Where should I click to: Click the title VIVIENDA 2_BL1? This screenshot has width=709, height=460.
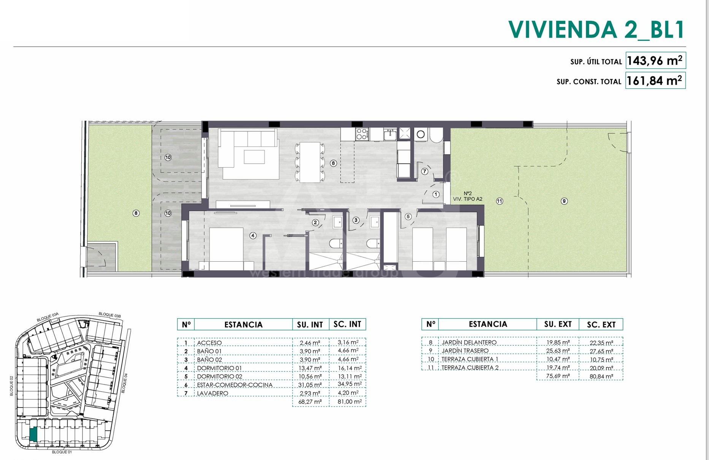point(596,29)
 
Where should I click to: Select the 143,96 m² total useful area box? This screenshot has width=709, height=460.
point(655,60)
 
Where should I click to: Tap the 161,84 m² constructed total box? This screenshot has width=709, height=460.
point(655,81)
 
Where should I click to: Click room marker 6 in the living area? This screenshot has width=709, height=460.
point(333,163)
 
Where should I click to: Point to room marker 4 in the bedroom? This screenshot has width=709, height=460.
point(253,236)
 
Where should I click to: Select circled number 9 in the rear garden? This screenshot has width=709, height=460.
point(564,201)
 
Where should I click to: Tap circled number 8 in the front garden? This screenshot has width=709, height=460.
point(136,213)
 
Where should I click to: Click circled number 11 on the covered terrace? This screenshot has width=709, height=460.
point(500,201)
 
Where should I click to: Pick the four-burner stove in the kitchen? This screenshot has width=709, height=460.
point(362,134)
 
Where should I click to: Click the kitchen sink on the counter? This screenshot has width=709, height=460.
point(390,134)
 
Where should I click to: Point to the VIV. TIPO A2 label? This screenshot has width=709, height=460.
point(468,199)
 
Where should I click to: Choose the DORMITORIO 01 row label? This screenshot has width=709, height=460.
point(219,368)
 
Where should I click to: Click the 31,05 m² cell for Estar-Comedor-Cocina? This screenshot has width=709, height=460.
point(310,385)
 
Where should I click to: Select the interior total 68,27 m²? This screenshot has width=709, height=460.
point(310,402)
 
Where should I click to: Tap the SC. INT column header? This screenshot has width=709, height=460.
point(347,324)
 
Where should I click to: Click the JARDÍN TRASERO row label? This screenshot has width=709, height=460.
point(465,351)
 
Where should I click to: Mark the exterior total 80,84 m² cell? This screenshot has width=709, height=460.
point(601,376)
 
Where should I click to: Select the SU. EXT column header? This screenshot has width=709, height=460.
point(558,324)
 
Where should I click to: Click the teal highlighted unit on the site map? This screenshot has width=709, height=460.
point(33,434)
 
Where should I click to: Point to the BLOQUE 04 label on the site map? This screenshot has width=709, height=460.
point(124,383)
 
